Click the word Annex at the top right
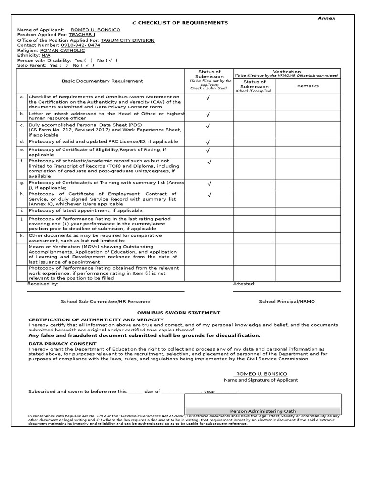point(326,18)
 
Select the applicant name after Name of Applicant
point(95,30)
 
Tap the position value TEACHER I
point(82,35)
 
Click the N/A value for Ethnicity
point(46,55)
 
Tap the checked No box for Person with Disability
point(110,61)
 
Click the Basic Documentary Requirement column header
point(102,81)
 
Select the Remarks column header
point(308,86)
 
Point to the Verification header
point(287,71)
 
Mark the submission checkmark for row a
point(208,98)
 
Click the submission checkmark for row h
point(209,195)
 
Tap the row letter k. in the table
point(22,235)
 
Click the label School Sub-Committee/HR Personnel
point(106,301)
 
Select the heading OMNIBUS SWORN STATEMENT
point(186,313)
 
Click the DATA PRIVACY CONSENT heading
point(62,344)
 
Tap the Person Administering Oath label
point(263,411)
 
